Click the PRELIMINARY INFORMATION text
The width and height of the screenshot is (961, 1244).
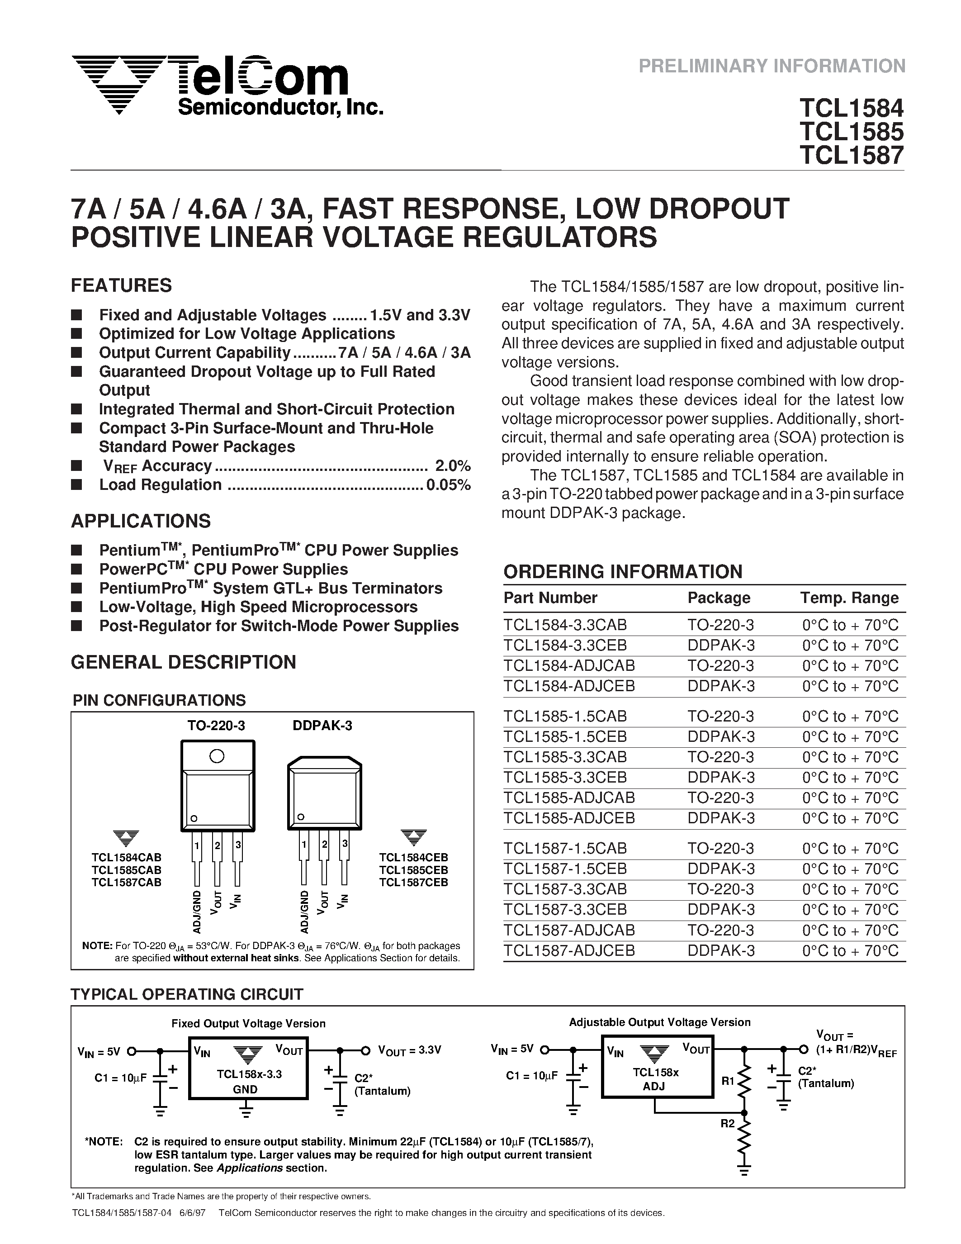click(x=772, y=66)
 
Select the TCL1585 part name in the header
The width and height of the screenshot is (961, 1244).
click(x=851, y=132)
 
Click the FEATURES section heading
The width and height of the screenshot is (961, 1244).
click(x=121, y=285)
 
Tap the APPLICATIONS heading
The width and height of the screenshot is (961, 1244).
click(x=141, y=521)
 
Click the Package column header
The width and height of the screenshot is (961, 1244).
click(x=719, y=598)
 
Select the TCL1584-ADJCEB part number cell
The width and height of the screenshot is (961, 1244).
click(x=569, y=686)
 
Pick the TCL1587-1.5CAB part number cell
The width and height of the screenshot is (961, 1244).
click(x=565, y=849)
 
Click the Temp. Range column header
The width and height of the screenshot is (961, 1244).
click(x=849, y=598)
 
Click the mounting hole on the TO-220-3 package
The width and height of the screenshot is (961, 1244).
click(x=216, y=756)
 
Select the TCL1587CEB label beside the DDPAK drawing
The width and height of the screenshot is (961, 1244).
click(x=413, y=882)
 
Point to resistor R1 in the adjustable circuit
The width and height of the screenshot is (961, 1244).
click(x=744, y=1081)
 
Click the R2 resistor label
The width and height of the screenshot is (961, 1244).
click(x=727, y=1124)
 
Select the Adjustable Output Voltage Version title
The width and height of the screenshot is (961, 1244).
click(x=659, y=1022)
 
